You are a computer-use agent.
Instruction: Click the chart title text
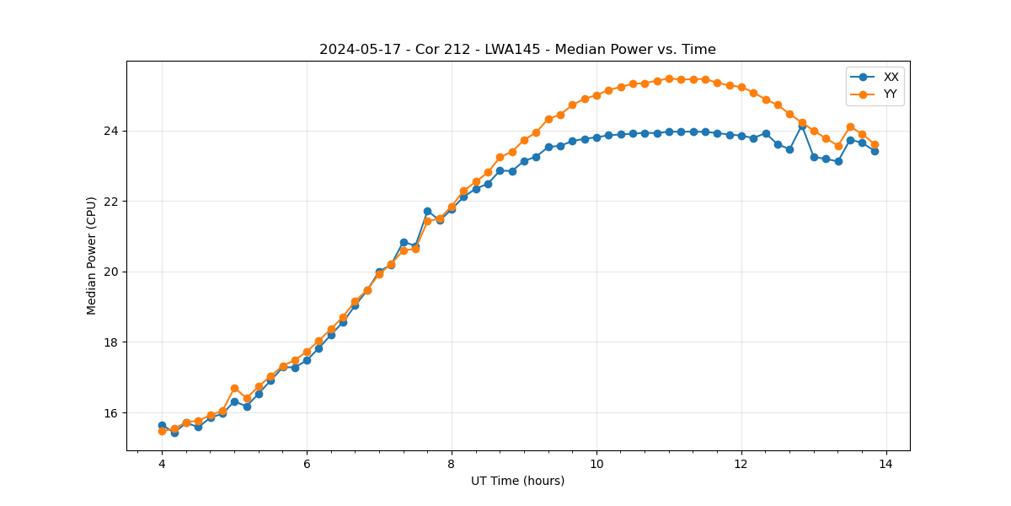coord(517,50)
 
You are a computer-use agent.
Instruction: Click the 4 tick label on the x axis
coord(162,464)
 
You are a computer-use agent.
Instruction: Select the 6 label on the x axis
coord(307,464)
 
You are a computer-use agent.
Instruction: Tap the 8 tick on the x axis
coord(452,464)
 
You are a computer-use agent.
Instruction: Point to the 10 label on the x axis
coord(596,464)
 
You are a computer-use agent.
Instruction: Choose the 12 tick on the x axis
coord(741,464)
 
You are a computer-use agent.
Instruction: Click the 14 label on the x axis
coord(886,464)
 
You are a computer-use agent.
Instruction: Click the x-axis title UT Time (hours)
coord(517,482)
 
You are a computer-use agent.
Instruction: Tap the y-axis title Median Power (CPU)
coord(92,256)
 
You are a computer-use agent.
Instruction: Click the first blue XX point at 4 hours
coord(162,426)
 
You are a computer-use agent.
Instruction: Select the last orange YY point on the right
coord(875,145)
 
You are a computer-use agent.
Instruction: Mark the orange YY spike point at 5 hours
coord(234,388)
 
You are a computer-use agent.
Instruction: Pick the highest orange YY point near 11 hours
coord(669,78)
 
